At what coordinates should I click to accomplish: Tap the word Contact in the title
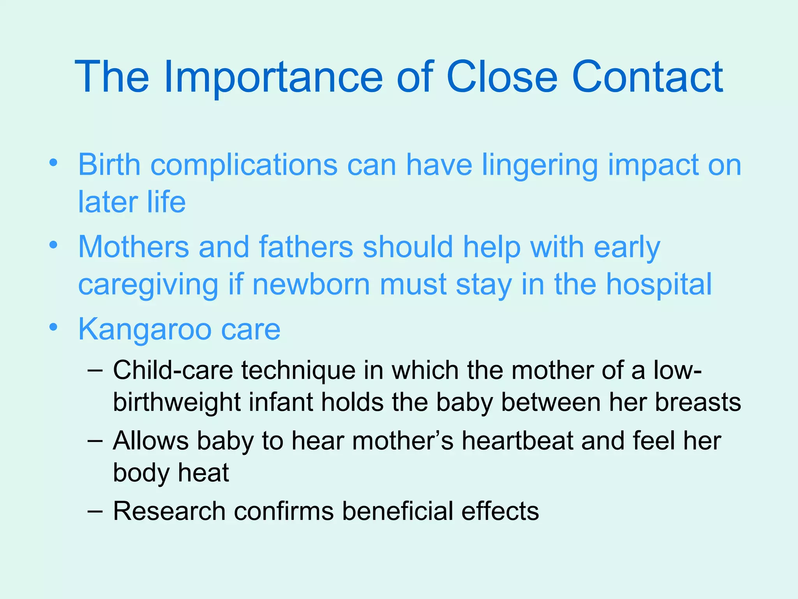(647, 77)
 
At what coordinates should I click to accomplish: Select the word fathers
(306, 247)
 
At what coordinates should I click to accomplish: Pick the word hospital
(659, 284)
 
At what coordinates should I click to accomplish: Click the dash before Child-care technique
(95, 370)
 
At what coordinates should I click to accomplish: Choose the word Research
(169, 511)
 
